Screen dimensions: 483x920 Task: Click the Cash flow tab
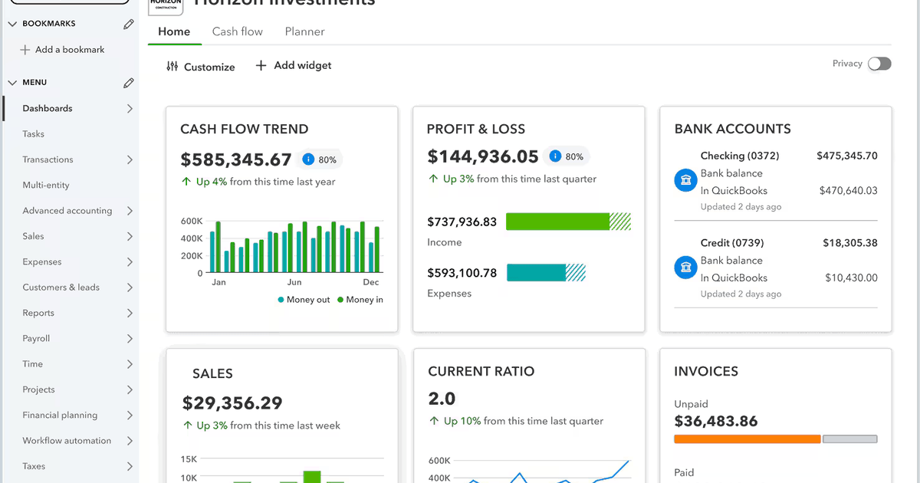point(237,31)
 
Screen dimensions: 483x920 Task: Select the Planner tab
point(304,31)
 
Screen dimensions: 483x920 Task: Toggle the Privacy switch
point(879,64)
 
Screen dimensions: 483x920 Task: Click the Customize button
point(201,67)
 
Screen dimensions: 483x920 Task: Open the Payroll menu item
point(36,338)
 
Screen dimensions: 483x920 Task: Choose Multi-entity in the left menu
point(46,185)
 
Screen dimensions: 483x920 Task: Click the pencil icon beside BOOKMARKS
point(129,24)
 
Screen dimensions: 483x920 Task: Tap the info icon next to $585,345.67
point(308,159)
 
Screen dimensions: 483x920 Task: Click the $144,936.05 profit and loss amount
point(483,157)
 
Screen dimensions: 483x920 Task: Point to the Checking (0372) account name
point(739,156)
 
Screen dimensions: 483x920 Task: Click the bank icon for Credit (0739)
point(685,268)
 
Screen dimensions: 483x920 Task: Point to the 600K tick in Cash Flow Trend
point(191,222)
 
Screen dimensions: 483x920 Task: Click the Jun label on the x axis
point(294,282)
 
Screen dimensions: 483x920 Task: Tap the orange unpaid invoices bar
point(747,439)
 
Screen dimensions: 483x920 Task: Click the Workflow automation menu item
point(67,441)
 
